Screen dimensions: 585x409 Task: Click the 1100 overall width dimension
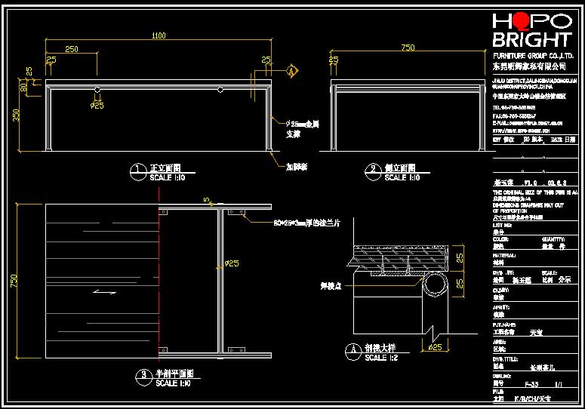pos(158,35)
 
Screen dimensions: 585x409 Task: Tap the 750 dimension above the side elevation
pos(408,48)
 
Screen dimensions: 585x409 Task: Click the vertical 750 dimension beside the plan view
pos(14,280)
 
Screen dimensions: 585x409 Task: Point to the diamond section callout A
pos(291,72)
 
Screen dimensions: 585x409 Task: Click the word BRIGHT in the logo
pos(531,39)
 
